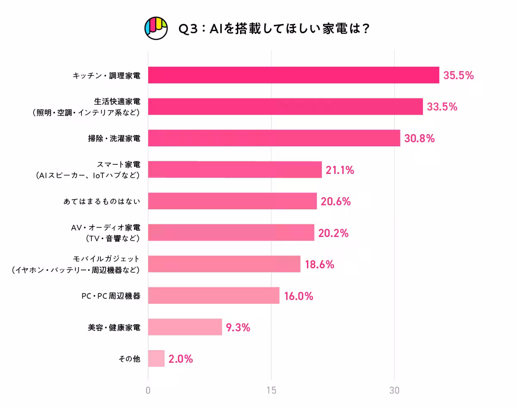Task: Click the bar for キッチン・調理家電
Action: click(x=293, y=75)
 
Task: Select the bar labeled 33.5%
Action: click(x=285, y=107)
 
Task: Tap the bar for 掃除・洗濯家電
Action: click(x=274, y=138)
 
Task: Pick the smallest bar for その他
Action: click(x=156, y=359)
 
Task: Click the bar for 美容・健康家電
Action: click(x=185, y=327)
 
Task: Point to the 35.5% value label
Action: click(x=458, y=76)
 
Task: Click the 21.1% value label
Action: click(x=340, y=170)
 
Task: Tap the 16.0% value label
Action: click(x=298, y=296)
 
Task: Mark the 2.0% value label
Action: click(x=181, y=359)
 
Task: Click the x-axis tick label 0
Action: click(x=148, y=390)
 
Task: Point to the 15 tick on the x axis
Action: click(x=271, y=390)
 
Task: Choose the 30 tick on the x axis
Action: click(x=394, y=390)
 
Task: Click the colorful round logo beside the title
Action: click(x=156, y=28)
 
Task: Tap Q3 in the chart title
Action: click(x=188, y=29)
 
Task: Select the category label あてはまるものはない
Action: click(x=102, y=201)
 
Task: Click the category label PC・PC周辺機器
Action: click(x=111, y=296)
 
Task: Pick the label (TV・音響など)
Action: click(x=113, y=238)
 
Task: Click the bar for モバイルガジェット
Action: click(x=224, y=264)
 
